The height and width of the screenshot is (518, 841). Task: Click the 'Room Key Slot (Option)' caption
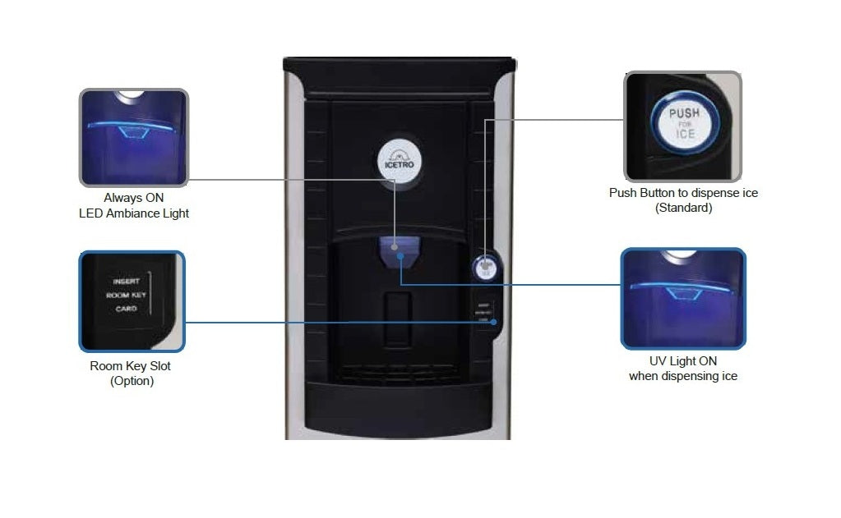[132, 374]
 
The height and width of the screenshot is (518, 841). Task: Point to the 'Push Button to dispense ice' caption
[683, 193]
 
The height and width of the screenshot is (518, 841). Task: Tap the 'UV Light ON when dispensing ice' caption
[682, 369]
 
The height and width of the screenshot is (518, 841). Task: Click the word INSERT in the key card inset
[126, 281]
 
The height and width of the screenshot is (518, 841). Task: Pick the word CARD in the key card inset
[126, 309]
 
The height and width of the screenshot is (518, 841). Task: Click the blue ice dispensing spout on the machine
[400, 250]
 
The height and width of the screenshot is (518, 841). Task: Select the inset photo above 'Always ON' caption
[134, 137]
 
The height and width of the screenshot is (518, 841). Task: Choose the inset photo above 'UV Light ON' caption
[682, 298]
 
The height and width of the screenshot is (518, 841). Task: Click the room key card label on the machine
[483, 312]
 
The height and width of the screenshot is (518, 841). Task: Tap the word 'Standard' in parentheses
[683, 208]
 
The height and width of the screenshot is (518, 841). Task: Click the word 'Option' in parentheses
[132, 381]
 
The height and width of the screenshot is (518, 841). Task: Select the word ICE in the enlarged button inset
[685, 134]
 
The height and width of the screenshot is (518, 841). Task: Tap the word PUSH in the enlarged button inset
[684, 112]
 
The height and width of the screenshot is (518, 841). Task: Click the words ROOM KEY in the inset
[126, 295]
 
